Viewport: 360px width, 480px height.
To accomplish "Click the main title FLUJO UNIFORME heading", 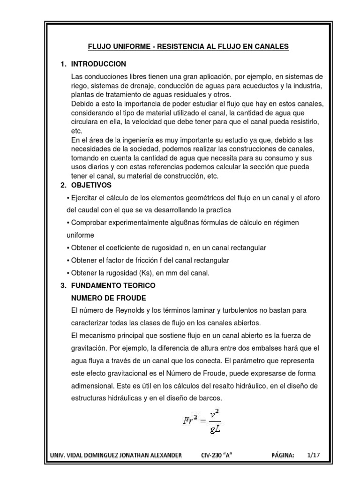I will [x=189, y=46].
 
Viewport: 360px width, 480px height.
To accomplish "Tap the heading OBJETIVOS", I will [x=91, y=185].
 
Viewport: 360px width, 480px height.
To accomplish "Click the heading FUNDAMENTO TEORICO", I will [x=113, y=285].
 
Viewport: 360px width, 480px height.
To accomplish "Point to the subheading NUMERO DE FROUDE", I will [x=108, y=298].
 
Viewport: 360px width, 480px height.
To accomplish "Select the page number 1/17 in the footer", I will [x=313, y=455].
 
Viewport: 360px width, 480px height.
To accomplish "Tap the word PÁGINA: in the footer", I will [x=283, y=455].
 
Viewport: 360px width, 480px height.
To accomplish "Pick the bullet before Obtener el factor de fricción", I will [x=68, y=260].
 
